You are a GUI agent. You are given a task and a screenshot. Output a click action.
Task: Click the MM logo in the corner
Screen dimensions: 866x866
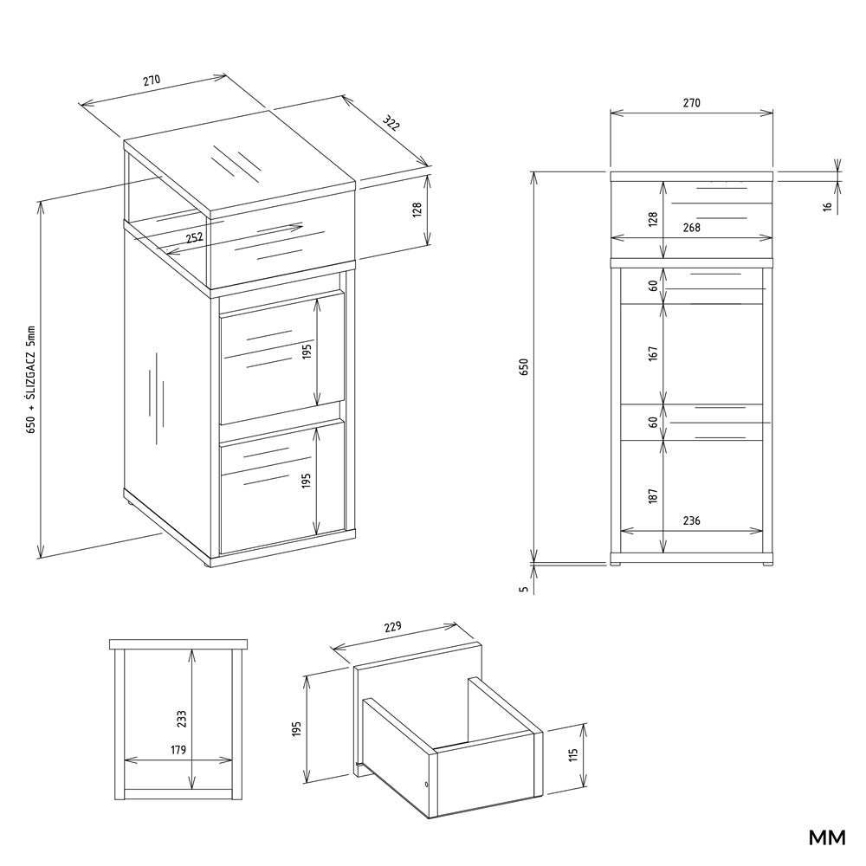pyautogui.click(x=827, y=837)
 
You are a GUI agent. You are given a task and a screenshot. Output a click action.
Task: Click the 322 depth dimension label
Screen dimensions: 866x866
pyautogui.click(x=391, y=124)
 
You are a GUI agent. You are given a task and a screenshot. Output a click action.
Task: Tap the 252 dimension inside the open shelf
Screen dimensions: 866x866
pyautogui.click(x=194, y=238)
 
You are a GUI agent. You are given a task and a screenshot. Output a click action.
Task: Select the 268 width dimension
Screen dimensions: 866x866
pyautogui.click(x=691, y=227)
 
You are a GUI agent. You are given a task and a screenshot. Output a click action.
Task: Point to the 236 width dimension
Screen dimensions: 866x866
pyautogui.click(x=691, y=520)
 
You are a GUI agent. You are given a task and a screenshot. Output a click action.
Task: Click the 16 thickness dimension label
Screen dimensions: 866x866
pyautogui.click(x=827, y=207)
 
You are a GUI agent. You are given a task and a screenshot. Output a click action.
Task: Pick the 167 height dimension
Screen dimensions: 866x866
pyautogui.click(x=653, y=353)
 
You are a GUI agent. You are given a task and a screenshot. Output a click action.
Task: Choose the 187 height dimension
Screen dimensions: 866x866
pyautogui.click(x=653, y=495)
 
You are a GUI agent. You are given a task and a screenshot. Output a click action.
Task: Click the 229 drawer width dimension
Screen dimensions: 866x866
pyautogui.click(x=392, y=627)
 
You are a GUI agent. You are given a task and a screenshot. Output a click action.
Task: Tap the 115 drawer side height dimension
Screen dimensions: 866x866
pyautogui.click(x=572, y=755)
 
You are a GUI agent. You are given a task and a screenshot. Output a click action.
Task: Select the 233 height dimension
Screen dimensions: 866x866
pyautogui.click(x=182, y=719)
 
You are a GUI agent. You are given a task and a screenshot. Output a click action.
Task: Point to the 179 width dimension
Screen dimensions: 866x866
pyautogui.click(x=178, y=749)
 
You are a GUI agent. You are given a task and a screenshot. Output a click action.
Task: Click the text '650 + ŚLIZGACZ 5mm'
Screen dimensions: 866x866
pyautogui.click(x=30, y=379)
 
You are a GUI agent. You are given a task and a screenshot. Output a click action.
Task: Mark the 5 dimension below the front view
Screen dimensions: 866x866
pyautogui.click(x=524, y=589)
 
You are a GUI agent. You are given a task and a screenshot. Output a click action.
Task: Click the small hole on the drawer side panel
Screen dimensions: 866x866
pyautogui.click(x=427, y=785)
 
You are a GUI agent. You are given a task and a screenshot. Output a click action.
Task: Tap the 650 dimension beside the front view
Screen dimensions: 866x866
pyautogui.click(x=524, y=366)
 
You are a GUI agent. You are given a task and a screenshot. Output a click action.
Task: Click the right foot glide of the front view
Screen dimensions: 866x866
pyautogui.click(x=767, y=564)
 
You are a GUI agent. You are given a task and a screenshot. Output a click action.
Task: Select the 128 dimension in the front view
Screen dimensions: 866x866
pyautogui.click(x=653, y=219)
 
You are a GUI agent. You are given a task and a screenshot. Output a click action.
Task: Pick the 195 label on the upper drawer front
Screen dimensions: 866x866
pyautogui.click(x=307, y=352)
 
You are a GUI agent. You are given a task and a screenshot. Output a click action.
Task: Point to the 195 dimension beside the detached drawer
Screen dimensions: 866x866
pyautogui.click(x=296, y=728)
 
